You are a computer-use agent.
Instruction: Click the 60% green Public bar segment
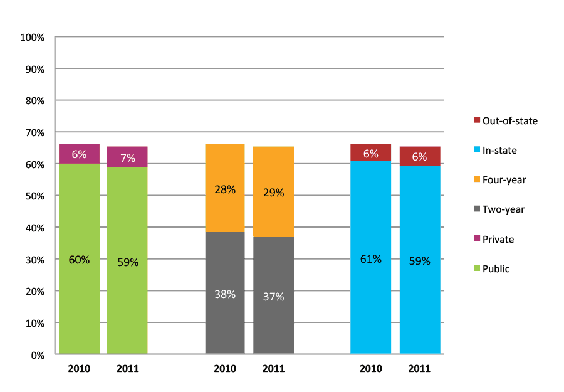(79, 258)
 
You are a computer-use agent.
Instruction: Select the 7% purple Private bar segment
(127, 157)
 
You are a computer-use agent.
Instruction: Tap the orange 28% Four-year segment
(225, 188)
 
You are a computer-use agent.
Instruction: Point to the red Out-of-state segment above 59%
(419, 157)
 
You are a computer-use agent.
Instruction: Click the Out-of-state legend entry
(505, 120)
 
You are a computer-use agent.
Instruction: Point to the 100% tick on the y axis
(33, 38)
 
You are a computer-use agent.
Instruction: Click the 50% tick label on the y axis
(34, 196)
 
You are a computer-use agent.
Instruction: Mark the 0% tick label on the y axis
(37, 355)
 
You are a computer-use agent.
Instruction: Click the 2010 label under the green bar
(79, 369)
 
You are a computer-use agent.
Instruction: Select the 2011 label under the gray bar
(273, 369)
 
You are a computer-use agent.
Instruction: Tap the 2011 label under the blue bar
(419, 369)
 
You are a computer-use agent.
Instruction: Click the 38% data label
(225, 294)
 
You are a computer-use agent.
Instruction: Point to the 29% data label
(273, 193)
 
